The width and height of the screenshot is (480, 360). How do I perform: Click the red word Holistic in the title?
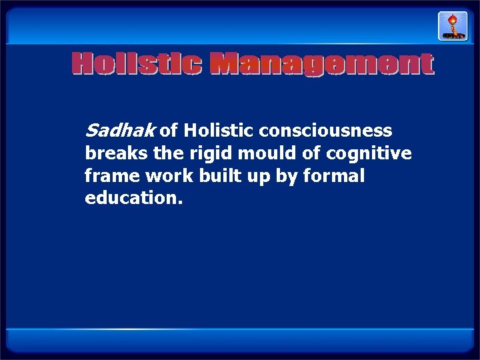137,65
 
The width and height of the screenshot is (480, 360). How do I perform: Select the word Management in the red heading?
321,65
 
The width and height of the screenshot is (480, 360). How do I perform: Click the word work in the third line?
159,176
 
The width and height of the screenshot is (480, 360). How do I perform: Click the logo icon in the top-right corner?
452,26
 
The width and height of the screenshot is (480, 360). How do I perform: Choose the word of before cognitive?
310,153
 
